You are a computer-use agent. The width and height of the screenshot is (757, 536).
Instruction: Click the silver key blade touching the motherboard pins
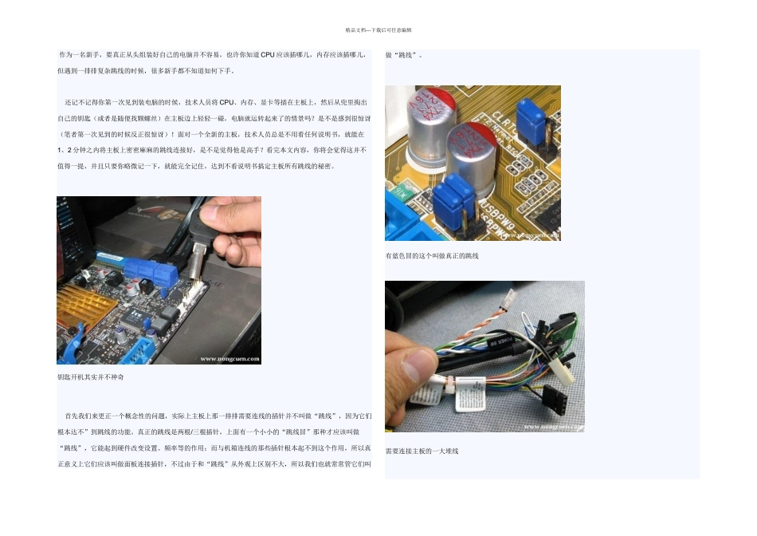tap(197, 255)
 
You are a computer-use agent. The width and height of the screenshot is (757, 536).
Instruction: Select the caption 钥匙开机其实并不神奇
tap(90, 376)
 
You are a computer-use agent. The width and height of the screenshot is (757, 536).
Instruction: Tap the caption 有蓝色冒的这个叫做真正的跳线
tap(432, 256)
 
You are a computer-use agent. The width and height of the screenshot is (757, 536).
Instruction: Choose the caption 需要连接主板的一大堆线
tap(422, 451)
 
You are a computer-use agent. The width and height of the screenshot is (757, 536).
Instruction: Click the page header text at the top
tap(378, 30)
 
